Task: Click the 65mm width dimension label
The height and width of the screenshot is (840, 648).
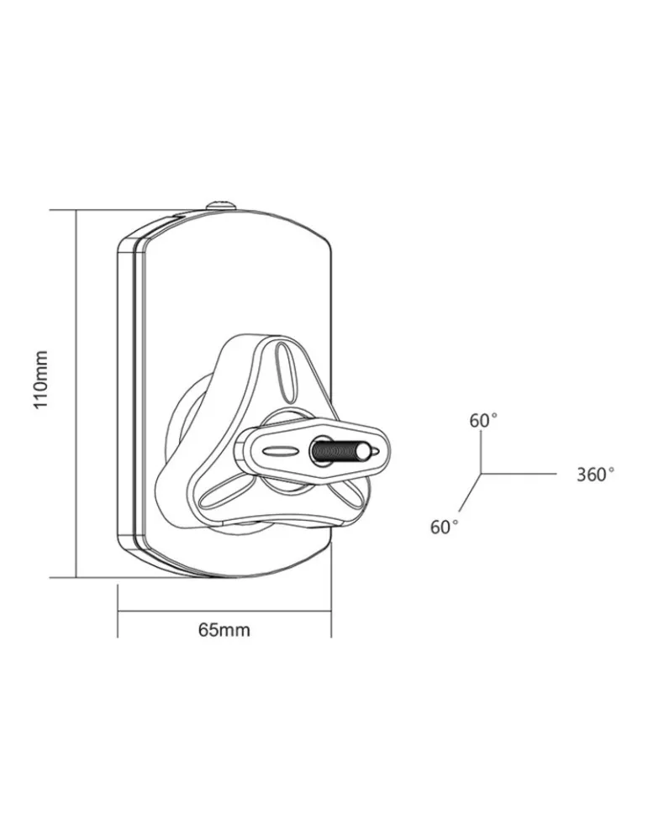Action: [x=224, y=629]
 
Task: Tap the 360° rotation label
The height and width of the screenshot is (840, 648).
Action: [x=595, y=474]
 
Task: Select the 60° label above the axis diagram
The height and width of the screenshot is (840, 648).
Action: [x=483, y=421]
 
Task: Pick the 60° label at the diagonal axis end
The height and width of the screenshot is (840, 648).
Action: [x=445, y=527]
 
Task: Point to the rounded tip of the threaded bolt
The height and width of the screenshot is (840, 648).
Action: [x=364, y=451]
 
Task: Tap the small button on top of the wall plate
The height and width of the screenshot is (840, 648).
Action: [x=221, y=205]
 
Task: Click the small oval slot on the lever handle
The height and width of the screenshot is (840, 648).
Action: [x=279, y=451]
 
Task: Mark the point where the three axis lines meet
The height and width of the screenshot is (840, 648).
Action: [x=481, y=474]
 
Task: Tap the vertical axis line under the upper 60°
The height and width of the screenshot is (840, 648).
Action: [x=481, y=453]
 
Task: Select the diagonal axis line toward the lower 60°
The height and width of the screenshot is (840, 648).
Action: [x=470, y=491]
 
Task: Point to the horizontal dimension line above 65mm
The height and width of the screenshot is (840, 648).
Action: [x=224, y=610]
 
